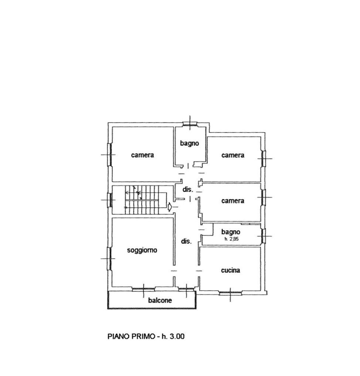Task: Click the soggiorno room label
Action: tap(142, 250)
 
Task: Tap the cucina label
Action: tap(230, 270)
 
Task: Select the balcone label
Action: tap(160, 300)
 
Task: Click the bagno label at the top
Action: tap(190, 143)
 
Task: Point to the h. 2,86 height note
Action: tap(231, 239)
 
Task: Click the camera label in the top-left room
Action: tap(143, 155)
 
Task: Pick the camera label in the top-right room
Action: tap(233, 155)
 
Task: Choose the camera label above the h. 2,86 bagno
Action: tap(233, 201)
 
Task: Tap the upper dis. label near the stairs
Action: tap(188, 189)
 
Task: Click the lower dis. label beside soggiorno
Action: tap(186, 241)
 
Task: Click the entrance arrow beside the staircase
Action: tap(170, 207)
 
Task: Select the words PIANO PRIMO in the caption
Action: tap(131, 336)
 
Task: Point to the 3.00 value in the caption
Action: tap(177, 336)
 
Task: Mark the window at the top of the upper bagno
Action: tap(190, 124)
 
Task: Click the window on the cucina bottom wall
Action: tap(230, 293)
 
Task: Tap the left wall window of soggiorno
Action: tap(110, 259)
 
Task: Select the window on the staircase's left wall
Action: tap(110, 200)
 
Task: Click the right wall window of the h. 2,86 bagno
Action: tap(264, 236)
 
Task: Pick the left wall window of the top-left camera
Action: tap(110, 155)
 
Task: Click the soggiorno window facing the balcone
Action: tap(143, 289)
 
